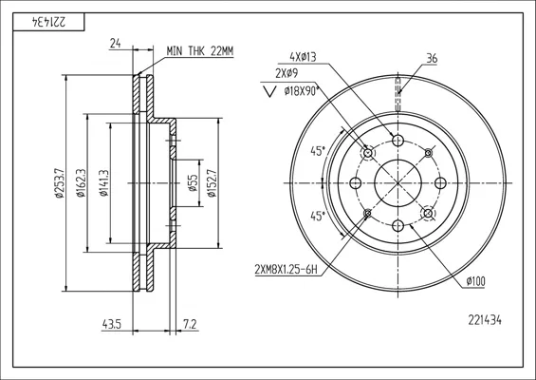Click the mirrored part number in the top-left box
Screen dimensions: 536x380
click(48, 22)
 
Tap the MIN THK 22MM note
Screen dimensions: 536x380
click(200, 51)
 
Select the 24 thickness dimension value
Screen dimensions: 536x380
click(115, 44)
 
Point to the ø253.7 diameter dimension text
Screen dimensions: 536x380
click(59, 183)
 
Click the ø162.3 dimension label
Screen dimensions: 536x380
click(81, 183)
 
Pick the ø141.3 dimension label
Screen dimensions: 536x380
click(104, 183)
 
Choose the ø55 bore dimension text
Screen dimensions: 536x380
click(193, 183)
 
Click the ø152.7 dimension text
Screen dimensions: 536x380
click(212, 183)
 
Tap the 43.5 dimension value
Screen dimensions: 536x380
click(112, 324)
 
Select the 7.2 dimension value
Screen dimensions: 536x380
click(190, 324)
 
